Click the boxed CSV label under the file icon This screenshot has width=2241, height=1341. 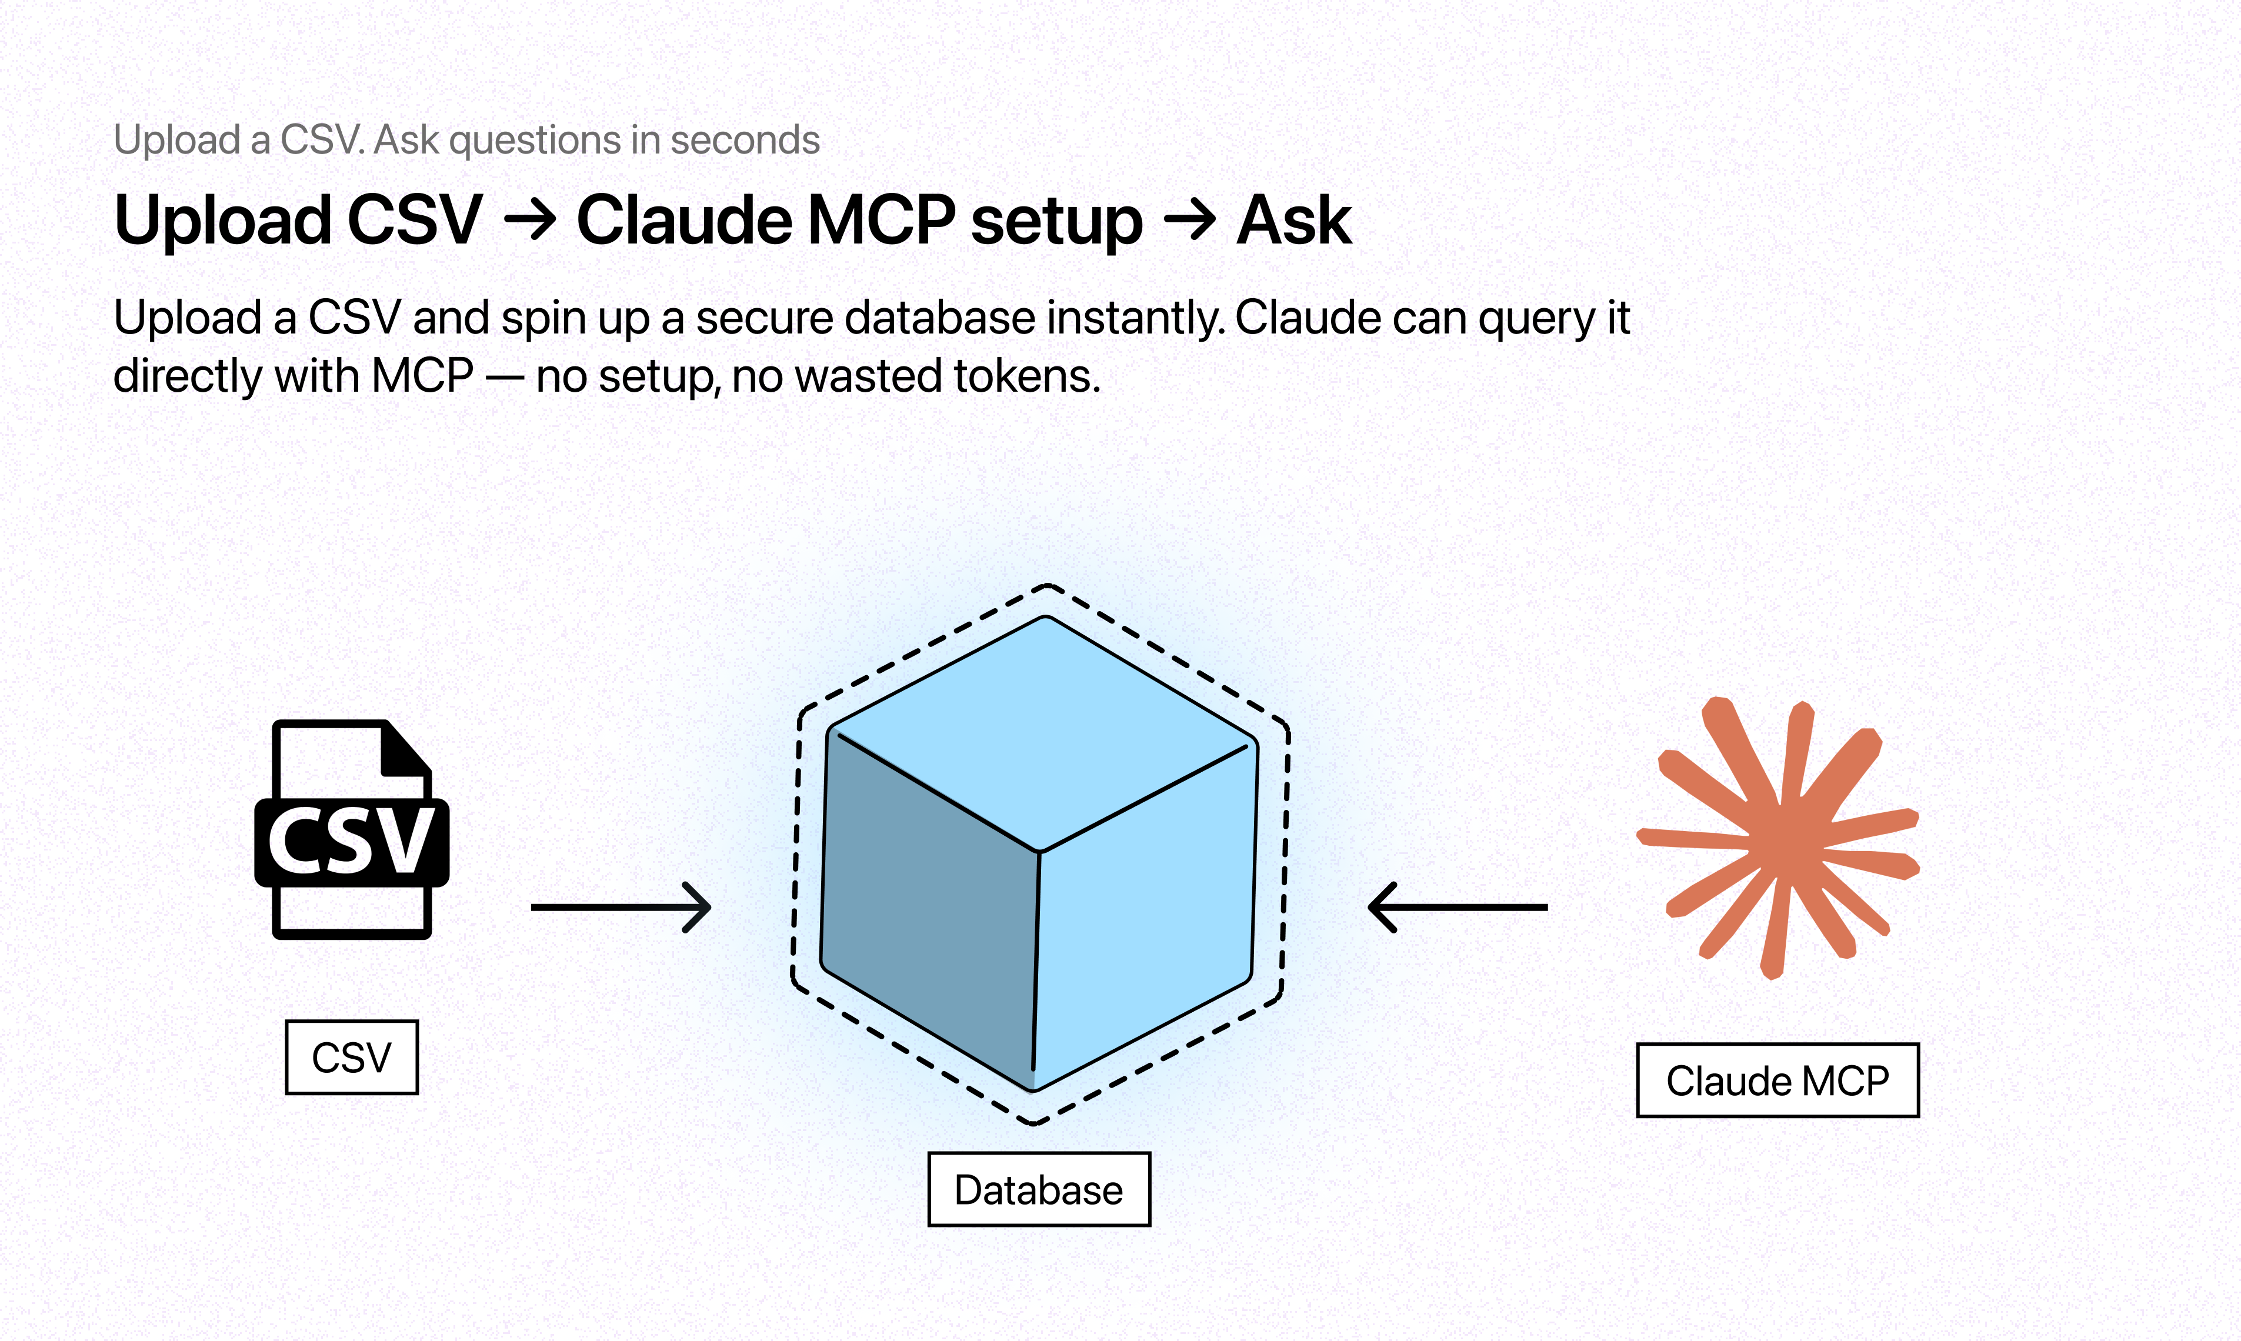(352, 1058)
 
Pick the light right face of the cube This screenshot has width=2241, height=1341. (1146, 922)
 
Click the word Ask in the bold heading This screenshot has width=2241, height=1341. (1294, 221)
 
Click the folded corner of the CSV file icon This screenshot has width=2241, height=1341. (403, 750)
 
